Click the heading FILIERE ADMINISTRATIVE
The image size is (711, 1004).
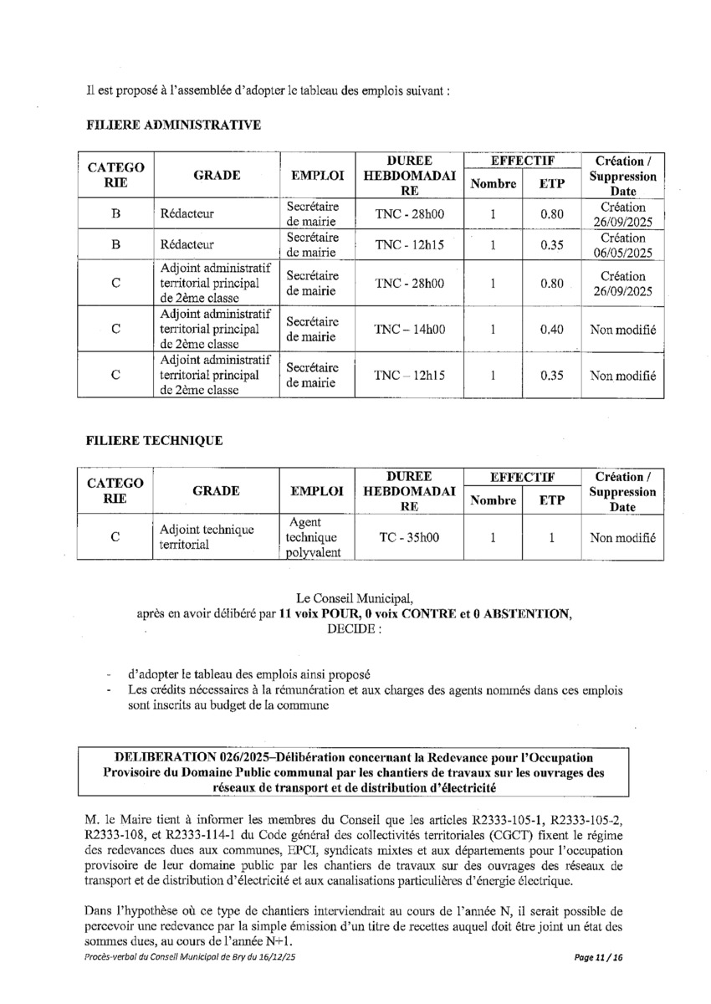tap(173, 125)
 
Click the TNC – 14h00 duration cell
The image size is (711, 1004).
tap(410, 330)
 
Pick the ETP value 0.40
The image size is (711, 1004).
tap(552, 330)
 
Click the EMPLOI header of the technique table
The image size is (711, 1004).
tap(317, 491)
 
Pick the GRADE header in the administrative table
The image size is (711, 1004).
tap(217, 176)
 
